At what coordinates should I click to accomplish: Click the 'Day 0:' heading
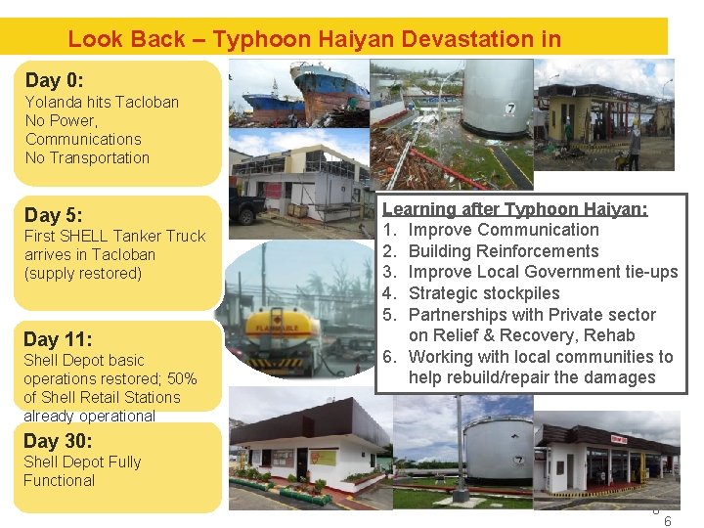pyautogui.click(x=55, y=80)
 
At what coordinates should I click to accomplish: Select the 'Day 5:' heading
pyautogui.click(x=54, y=214)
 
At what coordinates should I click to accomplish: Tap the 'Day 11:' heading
pyautogui.click(x=58, y=339)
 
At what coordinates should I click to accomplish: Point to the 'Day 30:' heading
pyautogui.click(x=58, y=441)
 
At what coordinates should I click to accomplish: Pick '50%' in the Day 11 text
pyautogui.click(x=181, y=378)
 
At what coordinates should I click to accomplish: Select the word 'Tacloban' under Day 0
pyautogui.click(x=148, y=102)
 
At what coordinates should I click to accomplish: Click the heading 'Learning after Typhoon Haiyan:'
pyautogui.click(x=515, y=208)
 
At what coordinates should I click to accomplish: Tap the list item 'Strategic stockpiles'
pyautogui.click(x=484, y=293)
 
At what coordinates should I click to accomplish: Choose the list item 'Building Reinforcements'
pyautogui.click(x=503, y=251)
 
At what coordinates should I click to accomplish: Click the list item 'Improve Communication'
pyautogui.click(x=504, y=230)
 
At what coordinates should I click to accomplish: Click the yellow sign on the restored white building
pyautogui.click(x=322, y=457)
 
